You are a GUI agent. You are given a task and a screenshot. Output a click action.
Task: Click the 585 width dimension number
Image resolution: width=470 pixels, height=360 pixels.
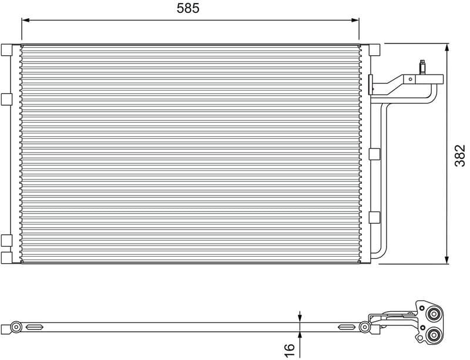coord(188,8)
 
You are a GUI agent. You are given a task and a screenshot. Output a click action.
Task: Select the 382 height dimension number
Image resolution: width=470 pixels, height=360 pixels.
coord(460,156)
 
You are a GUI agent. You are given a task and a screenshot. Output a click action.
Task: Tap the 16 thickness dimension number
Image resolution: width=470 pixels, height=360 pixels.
coord(288,351)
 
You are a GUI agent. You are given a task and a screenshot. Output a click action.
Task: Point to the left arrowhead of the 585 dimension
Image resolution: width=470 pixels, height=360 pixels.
coord(25,21)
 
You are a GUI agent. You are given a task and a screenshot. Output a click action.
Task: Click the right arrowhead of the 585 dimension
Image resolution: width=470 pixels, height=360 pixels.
coord(355,21)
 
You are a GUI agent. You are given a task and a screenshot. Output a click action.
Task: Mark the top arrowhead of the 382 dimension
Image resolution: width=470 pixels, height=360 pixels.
coord(447,48)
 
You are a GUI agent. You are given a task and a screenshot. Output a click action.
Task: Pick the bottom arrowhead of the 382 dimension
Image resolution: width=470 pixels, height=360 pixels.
coord(447,260)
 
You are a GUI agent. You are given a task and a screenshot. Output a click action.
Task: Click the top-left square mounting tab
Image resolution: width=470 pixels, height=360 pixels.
coord(6,50)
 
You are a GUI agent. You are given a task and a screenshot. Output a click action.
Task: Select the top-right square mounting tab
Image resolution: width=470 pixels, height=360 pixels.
coord(374,50)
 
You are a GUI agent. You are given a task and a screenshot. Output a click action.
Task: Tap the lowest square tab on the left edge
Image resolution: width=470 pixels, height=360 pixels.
coord(6,257)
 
